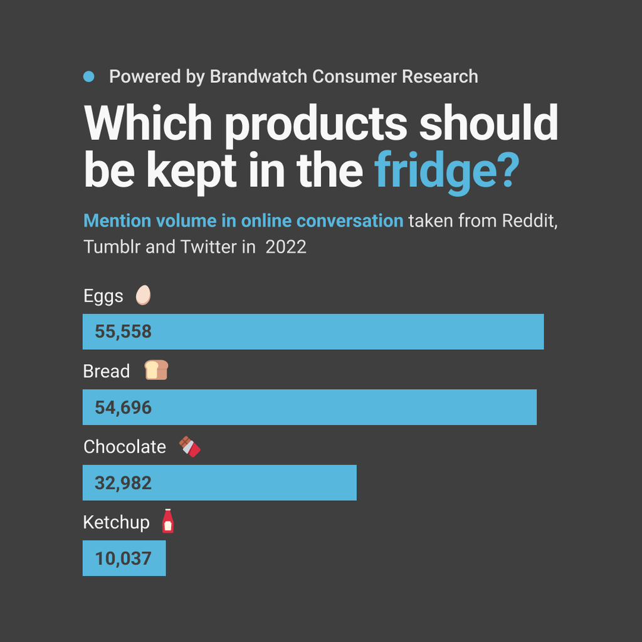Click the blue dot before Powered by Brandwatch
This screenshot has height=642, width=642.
click(x=88, y=76)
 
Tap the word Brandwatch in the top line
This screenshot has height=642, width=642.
click(x=258, y=76)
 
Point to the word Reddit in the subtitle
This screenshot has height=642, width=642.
click(x=530, y=221)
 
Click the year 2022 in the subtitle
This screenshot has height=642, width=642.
click(x=286, y=246)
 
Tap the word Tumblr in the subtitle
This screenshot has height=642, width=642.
click(x=112, y=246)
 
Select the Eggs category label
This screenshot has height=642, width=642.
click(x=103, y=296)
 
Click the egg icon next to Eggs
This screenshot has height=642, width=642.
click(x=144, y=295)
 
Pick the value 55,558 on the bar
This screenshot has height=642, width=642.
click(x=124, y=332)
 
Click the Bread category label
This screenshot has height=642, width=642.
click(x=107, y=371)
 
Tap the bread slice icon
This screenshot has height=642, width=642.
click(x=156, y=371)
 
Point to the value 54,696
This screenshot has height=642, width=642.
click(x=124, y=408)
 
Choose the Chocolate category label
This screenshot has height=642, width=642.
click(x=125, y=446)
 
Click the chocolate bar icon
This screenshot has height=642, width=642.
click(x=189, y=446)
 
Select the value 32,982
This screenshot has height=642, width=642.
click(x=124, y=483)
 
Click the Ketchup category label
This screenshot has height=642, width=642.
click(x=117, y=522)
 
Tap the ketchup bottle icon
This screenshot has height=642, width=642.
click(x=167, y=521)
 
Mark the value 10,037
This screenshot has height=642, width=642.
click(x=124, y=558)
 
